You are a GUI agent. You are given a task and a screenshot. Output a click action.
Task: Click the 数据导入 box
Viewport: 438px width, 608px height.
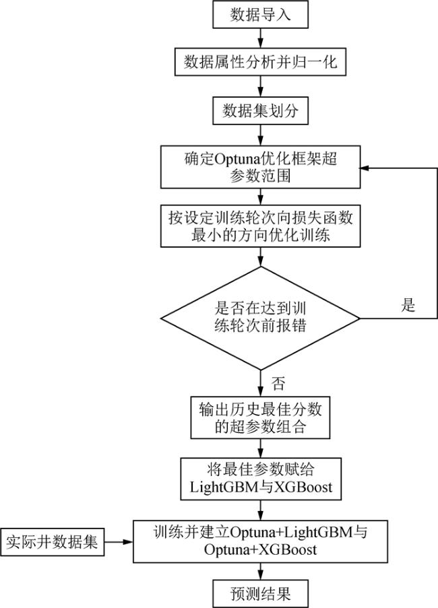[x=260, y=14]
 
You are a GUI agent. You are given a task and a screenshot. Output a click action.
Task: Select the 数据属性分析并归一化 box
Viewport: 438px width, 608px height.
[x=260, y=62]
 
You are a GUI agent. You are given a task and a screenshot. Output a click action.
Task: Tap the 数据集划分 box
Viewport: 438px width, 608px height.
[x=260, y=110]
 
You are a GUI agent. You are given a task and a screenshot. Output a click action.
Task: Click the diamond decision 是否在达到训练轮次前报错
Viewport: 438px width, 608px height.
[x=260, y=318]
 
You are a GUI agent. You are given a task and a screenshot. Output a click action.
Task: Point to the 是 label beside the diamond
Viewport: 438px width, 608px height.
[x=408, y=305]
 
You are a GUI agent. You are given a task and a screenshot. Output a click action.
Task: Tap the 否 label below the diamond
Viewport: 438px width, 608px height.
[x=278, y=385]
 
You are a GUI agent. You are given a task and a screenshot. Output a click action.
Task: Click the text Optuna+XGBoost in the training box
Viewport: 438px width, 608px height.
[x=260, y=549]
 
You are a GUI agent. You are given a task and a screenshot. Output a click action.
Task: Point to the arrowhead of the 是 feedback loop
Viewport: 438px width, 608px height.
[x=365, y=168]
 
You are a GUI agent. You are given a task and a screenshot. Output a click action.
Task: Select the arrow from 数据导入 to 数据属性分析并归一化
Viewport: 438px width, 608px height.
[x=260, y=38]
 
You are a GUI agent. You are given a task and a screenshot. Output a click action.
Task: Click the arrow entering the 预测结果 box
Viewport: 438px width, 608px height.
[x=260, y=571]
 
